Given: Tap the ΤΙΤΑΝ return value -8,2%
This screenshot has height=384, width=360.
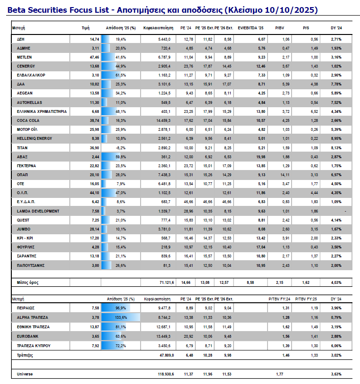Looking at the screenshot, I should (x=121, y=148).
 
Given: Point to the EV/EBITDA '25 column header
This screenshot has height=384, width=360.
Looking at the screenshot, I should (x=250, y=28).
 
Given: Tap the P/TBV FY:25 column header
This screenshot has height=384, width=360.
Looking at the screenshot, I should (x=304, y=299).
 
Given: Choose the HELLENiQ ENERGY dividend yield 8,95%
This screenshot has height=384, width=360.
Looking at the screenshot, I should (x=335, y=138).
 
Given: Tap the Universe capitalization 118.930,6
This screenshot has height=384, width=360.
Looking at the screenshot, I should (x=164, y=374).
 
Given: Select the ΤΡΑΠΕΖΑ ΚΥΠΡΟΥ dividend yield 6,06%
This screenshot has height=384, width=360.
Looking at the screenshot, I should (x=335, y=346).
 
